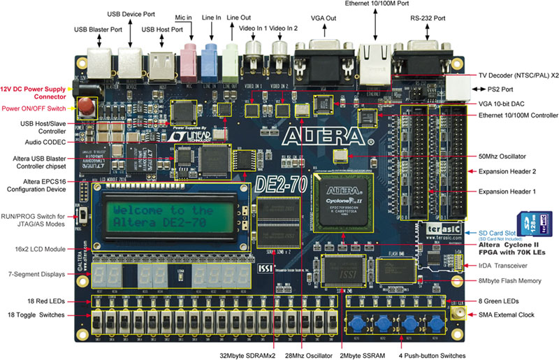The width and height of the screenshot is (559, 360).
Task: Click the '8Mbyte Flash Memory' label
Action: (511, 281)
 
